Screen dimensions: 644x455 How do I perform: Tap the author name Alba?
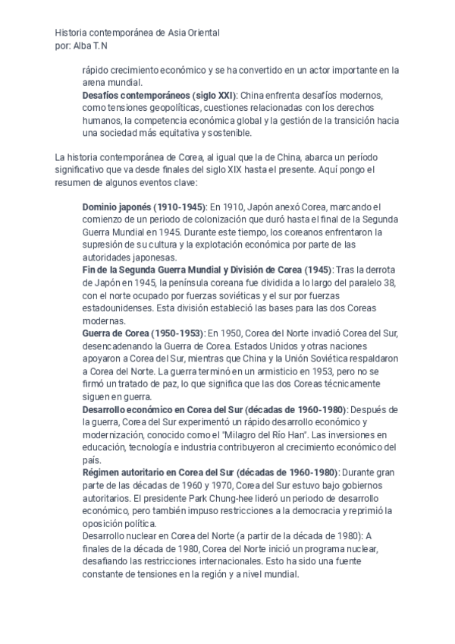click(82, 46)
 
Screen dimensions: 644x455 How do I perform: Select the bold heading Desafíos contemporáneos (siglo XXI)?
click(159, 96)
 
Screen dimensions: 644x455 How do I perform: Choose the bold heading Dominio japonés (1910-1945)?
click(143, 207)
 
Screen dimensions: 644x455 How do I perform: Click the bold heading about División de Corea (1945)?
click(207, 270)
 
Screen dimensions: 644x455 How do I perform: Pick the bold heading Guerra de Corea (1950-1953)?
click(143, 332)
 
